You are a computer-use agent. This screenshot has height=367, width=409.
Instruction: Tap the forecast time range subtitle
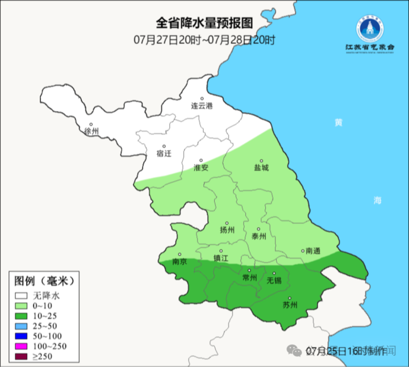(204, 40)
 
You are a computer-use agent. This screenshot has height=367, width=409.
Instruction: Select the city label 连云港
(201, 106)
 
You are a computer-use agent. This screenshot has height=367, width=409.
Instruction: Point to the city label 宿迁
(164, 153)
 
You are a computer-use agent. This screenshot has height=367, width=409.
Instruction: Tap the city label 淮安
(201, 168)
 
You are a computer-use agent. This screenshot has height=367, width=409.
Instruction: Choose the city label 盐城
(261, 168)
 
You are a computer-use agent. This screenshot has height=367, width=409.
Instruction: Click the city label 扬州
(227, 230)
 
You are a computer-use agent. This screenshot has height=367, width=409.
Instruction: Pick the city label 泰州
(258, 236)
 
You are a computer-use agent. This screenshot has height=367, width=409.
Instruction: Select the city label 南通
(313, 251)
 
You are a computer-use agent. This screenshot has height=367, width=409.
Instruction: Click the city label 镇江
(221, 258)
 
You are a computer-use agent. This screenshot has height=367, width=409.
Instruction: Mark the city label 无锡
(274, 280)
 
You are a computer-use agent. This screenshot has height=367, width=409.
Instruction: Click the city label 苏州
(290, 305)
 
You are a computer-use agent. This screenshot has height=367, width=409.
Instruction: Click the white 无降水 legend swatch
(22, 295)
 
